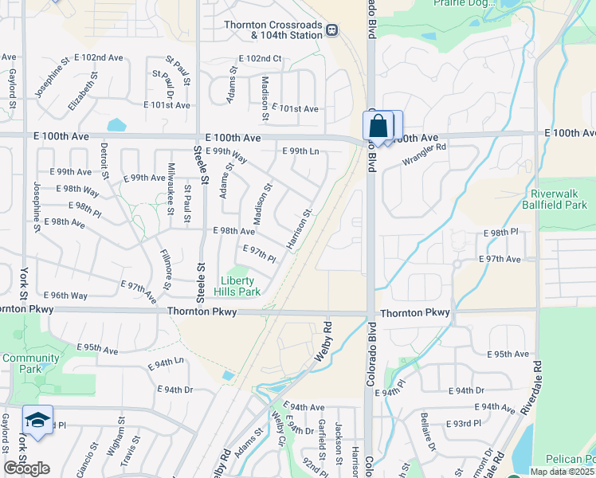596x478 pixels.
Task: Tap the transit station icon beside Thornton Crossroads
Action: [332, 30]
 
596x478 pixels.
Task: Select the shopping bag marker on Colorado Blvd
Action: [378, 126]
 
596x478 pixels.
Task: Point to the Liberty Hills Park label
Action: [240, 286]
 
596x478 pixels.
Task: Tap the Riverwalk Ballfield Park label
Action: [559, 199]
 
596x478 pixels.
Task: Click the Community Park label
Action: [31, 363]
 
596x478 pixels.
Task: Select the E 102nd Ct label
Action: [260, 59]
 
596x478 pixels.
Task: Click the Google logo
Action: [26, 468]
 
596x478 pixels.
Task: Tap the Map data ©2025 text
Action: [562, 472]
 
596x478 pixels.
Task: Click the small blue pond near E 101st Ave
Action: [117, 125]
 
